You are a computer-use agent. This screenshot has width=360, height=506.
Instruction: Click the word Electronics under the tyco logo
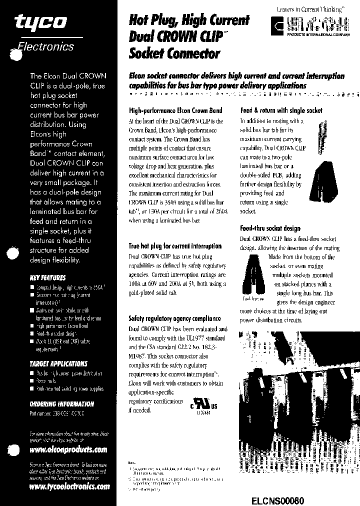coord(46,47)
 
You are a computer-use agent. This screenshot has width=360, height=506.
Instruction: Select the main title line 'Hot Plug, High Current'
coord(188,21)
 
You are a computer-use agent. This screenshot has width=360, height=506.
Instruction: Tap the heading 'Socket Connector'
coord(174,52)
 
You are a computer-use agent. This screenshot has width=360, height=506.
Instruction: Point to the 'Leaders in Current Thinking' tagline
coord(310,9)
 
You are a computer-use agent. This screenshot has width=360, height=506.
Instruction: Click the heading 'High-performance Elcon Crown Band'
coord(175,110)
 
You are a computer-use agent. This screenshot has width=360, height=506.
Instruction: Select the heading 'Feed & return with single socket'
coord(281,110)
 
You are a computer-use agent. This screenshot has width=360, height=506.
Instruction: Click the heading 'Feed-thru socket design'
coord(270,228)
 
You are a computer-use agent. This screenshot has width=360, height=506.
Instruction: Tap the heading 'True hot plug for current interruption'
coord(175,246)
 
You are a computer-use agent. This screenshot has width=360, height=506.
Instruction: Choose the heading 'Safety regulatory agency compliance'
coord(174,318)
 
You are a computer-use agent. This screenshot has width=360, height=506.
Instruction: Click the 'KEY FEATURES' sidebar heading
coord(47,277)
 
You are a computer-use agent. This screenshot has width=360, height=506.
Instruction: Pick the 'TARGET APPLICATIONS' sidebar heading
coord(58,363)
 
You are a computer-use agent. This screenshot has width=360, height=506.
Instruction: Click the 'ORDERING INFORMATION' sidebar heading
coord(62,403)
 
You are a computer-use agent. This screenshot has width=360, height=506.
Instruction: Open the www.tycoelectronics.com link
coord(69,486)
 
